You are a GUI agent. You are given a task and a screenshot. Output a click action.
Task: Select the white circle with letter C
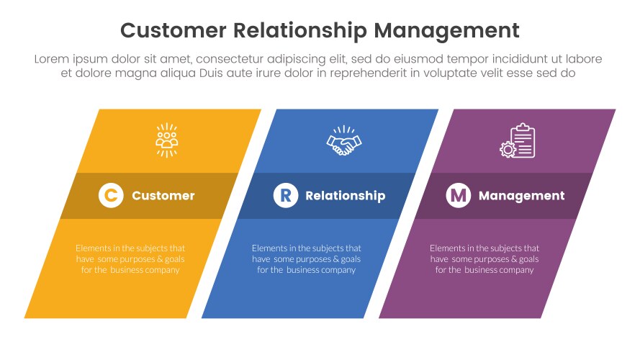click(x=111, y=195)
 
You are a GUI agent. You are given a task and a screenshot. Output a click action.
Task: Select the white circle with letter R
click(x=286, y=195)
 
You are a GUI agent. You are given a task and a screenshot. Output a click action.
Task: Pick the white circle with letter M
click(x=459, y=195)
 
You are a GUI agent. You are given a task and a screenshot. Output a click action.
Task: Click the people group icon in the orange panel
click(x=167, y=140)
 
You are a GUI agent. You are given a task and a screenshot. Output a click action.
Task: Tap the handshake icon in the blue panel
click(x=344, y=141)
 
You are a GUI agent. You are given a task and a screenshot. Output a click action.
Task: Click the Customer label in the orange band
click(x=163, y=196)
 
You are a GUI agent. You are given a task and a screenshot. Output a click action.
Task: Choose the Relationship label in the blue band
click(x=346, y=196)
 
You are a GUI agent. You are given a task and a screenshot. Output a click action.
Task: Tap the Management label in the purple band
click(x=522, y=196)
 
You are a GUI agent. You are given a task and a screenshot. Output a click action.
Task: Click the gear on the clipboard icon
click(x=508, y=149)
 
